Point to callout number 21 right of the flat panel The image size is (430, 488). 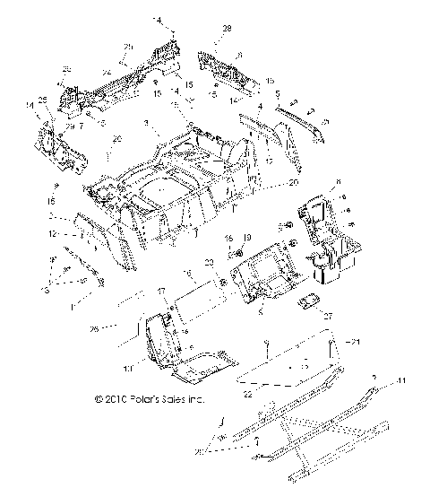click(355, 343)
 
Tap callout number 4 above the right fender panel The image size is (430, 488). click(260, 106)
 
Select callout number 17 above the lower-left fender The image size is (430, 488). click(161, 291)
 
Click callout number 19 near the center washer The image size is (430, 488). click(247, 238)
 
